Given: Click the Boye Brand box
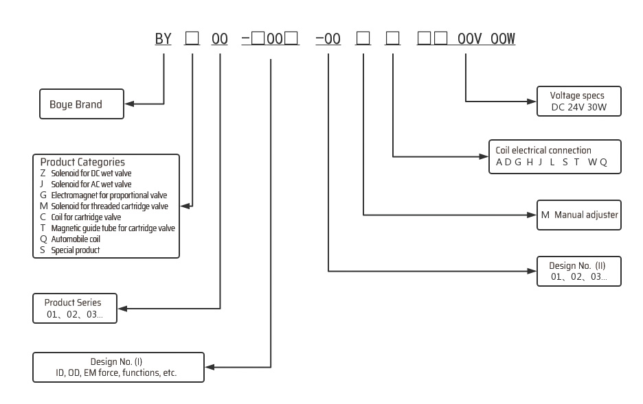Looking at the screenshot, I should (x=81, y=105).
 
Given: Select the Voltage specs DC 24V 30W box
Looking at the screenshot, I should (x=579, y=102).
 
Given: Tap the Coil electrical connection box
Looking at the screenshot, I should (x=555, y=156).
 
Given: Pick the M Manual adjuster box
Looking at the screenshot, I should (x=579, y=215).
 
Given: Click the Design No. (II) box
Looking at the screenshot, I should (x=579, y=272).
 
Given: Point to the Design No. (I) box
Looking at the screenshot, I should (x=118, y=367).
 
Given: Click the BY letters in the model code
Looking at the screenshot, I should (x=163, y=39).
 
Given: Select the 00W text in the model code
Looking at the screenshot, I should (x=503, y=39).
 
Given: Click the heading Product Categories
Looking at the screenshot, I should (x=82, y=163).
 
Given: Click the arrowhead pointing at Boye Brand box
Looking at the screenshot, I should (x=129, y=104).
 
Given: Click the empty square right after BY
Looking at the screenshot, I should (x=192, y=39).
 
